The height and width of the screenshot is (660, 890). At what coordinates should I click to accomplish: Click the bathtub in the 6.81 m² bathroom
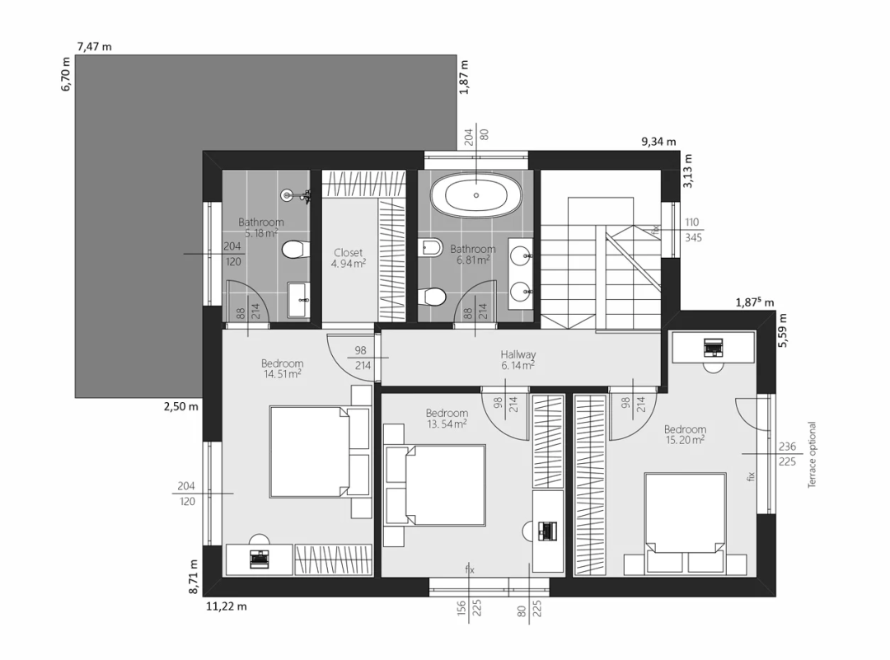475,195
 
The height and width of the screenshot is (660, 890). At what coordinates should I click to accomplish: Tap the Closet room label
348,252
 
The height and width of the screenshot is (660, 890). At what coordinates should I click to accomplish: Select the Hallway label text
518,354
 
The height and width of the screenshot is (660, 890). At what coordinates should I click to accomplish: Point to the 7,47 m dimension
94,46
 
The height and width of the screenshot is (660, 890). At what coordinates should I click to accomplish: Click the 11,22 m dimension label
227,606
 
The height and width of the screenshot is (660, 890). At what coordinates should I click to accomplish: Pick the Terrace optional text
812,455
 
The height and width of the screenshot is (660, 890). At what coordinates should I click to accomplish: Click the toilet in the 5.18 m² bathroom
295,249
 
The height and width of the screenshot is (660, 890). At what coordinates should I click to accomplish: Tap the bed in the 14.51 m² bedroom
320,452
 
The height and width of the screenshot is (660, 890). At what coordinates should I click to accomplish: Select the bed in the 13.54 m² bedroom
434,486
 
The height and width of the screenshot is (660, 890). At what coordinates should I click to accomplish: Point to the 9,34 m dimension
659,141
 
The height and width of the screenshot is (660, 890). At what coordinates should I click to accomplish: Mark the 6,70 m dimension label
66,74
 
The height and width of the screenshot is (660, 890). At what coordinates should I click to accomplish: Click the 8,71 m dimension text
194,577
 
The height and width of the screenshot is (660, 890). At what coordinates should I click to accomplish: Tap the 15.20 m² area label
685,440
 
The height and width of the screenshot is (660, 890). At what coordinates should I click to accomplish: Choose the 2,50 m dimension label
181,406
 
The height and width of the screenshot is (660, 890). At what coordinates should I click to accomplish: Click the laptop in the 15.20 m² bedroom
713,347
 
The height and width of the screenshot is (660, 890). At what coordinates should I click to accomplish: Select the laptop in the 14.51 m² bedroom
260,559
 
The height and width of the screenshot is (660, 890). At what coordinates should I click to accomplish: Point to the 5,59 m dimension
783,330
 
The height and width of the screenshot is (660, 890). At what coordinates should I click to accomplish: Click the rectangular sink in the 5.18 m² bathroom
298,300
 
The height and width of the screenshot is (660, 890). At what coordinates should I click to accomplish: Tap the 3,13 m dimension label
687,171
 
